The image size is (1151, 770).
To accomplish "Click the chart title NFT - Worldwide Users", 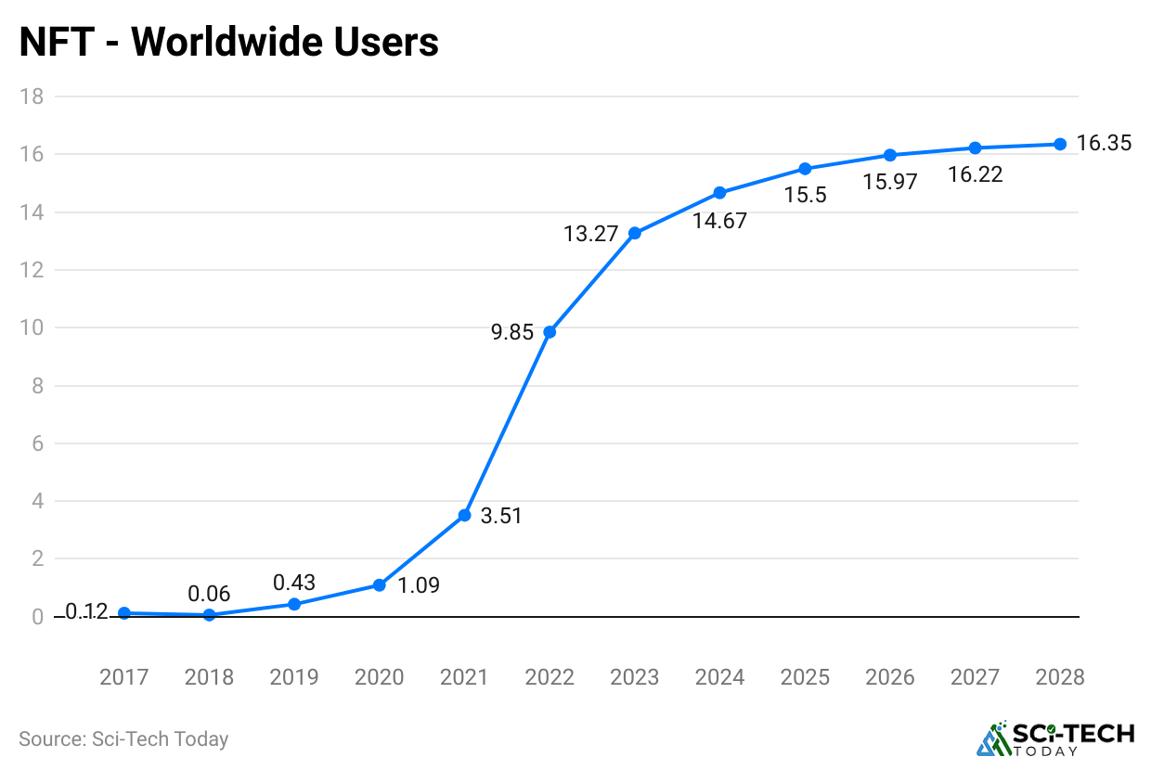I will pyautogui.click(x=228, y=42).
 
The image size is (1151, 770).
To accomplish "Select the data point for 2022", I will pyautogui.click(x=550, y=331).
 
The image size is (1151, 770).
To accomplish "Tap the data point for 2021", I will pyautogui.click(x=464, y=515).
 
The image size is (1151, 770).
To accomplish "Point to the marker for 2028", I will pyautogui.click(x=1060, y=144).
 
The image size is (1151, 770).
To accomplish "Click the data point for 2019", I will pyautogui.click(x=294, y=604).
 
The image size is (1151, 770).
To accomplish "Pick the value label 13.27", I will pyautogui.click(x=590, y=234).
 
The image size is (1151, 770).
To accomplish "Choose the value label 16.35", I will pyautogui.click(x=1104, y=144).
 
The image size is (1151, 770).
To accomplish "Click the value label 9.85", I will pyautogui.click(x=512, y=331).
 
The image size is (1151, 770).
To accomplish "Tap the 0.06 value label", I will pyautogui.click(x=209, y=594).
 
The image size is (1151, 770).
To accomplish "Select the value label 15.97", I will pyautogui.click(x=889, y=182).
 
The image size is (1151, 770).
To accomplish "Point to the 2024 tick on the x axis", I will pyautogui.click(x=719, y=677).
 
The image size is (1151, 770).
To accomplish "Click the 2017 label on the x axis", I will pyautogui.click(x=124, y=677).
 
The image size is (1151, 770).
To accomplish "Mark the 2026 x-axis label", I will pyautogui.click(x=889, y=677).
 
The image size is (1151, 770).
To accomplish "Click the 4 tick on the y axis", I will pyautogui.click(x=38, y=501).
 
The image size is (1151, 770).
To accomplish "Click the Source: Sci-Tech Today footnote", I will pyautogui.click(x=123, y=739).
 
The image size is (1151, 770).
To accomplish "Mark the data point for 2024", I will pyautogui.click(x=719, y=193).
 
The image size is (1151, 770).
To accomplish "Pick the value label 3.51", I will pyautogui.click(x=501, y=516).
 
